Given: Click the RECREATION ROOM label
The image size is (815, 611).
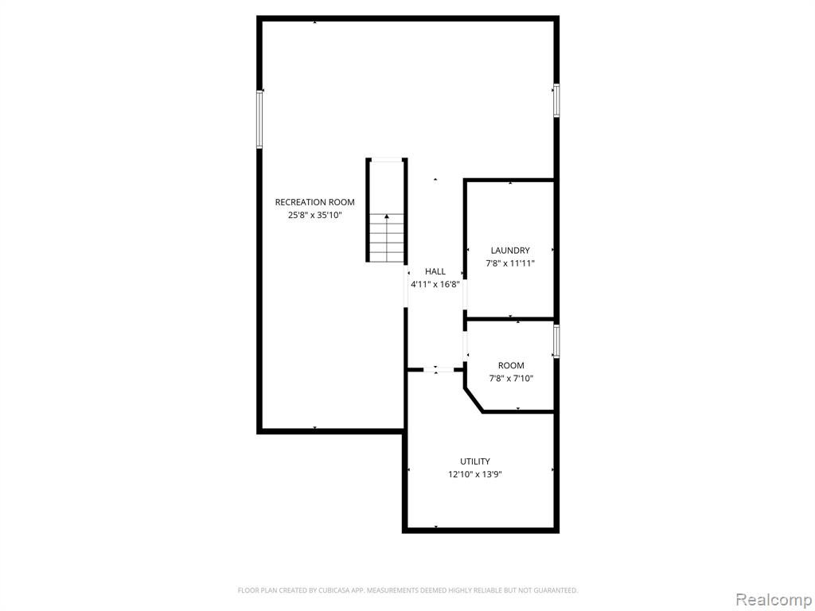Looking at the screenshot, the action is [314, 202].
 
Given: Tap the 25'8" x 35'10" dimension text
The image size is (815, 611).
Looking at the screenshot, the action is [315, 215].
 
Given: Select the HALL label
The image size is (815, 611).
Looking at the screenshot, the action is [435, 271].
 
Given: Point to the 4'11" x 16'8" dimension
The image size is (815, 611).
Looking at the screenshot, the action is [435, 284].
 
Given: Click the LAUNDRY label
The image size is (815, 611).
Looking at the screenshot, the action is [510, 251].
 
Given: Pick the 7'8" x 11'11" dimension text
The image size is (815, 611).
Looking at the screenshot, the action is [510, 263].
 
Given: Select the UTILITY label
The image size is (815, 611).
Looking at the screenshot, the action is [475, 461].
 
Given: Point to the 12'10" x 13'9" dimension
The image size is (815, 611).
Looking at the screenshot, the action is [475, 474].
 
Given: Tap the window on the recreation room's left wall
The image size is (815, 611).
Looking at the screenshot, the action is [259, 119].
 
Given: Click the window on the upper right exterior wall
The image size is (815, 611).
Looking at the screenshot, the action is [556, 100].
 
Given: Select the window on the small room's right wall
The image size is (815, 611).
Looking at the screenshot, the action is [556, 341].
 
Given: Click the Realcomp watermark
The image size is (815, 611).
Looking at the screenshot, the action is [774, 600].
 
